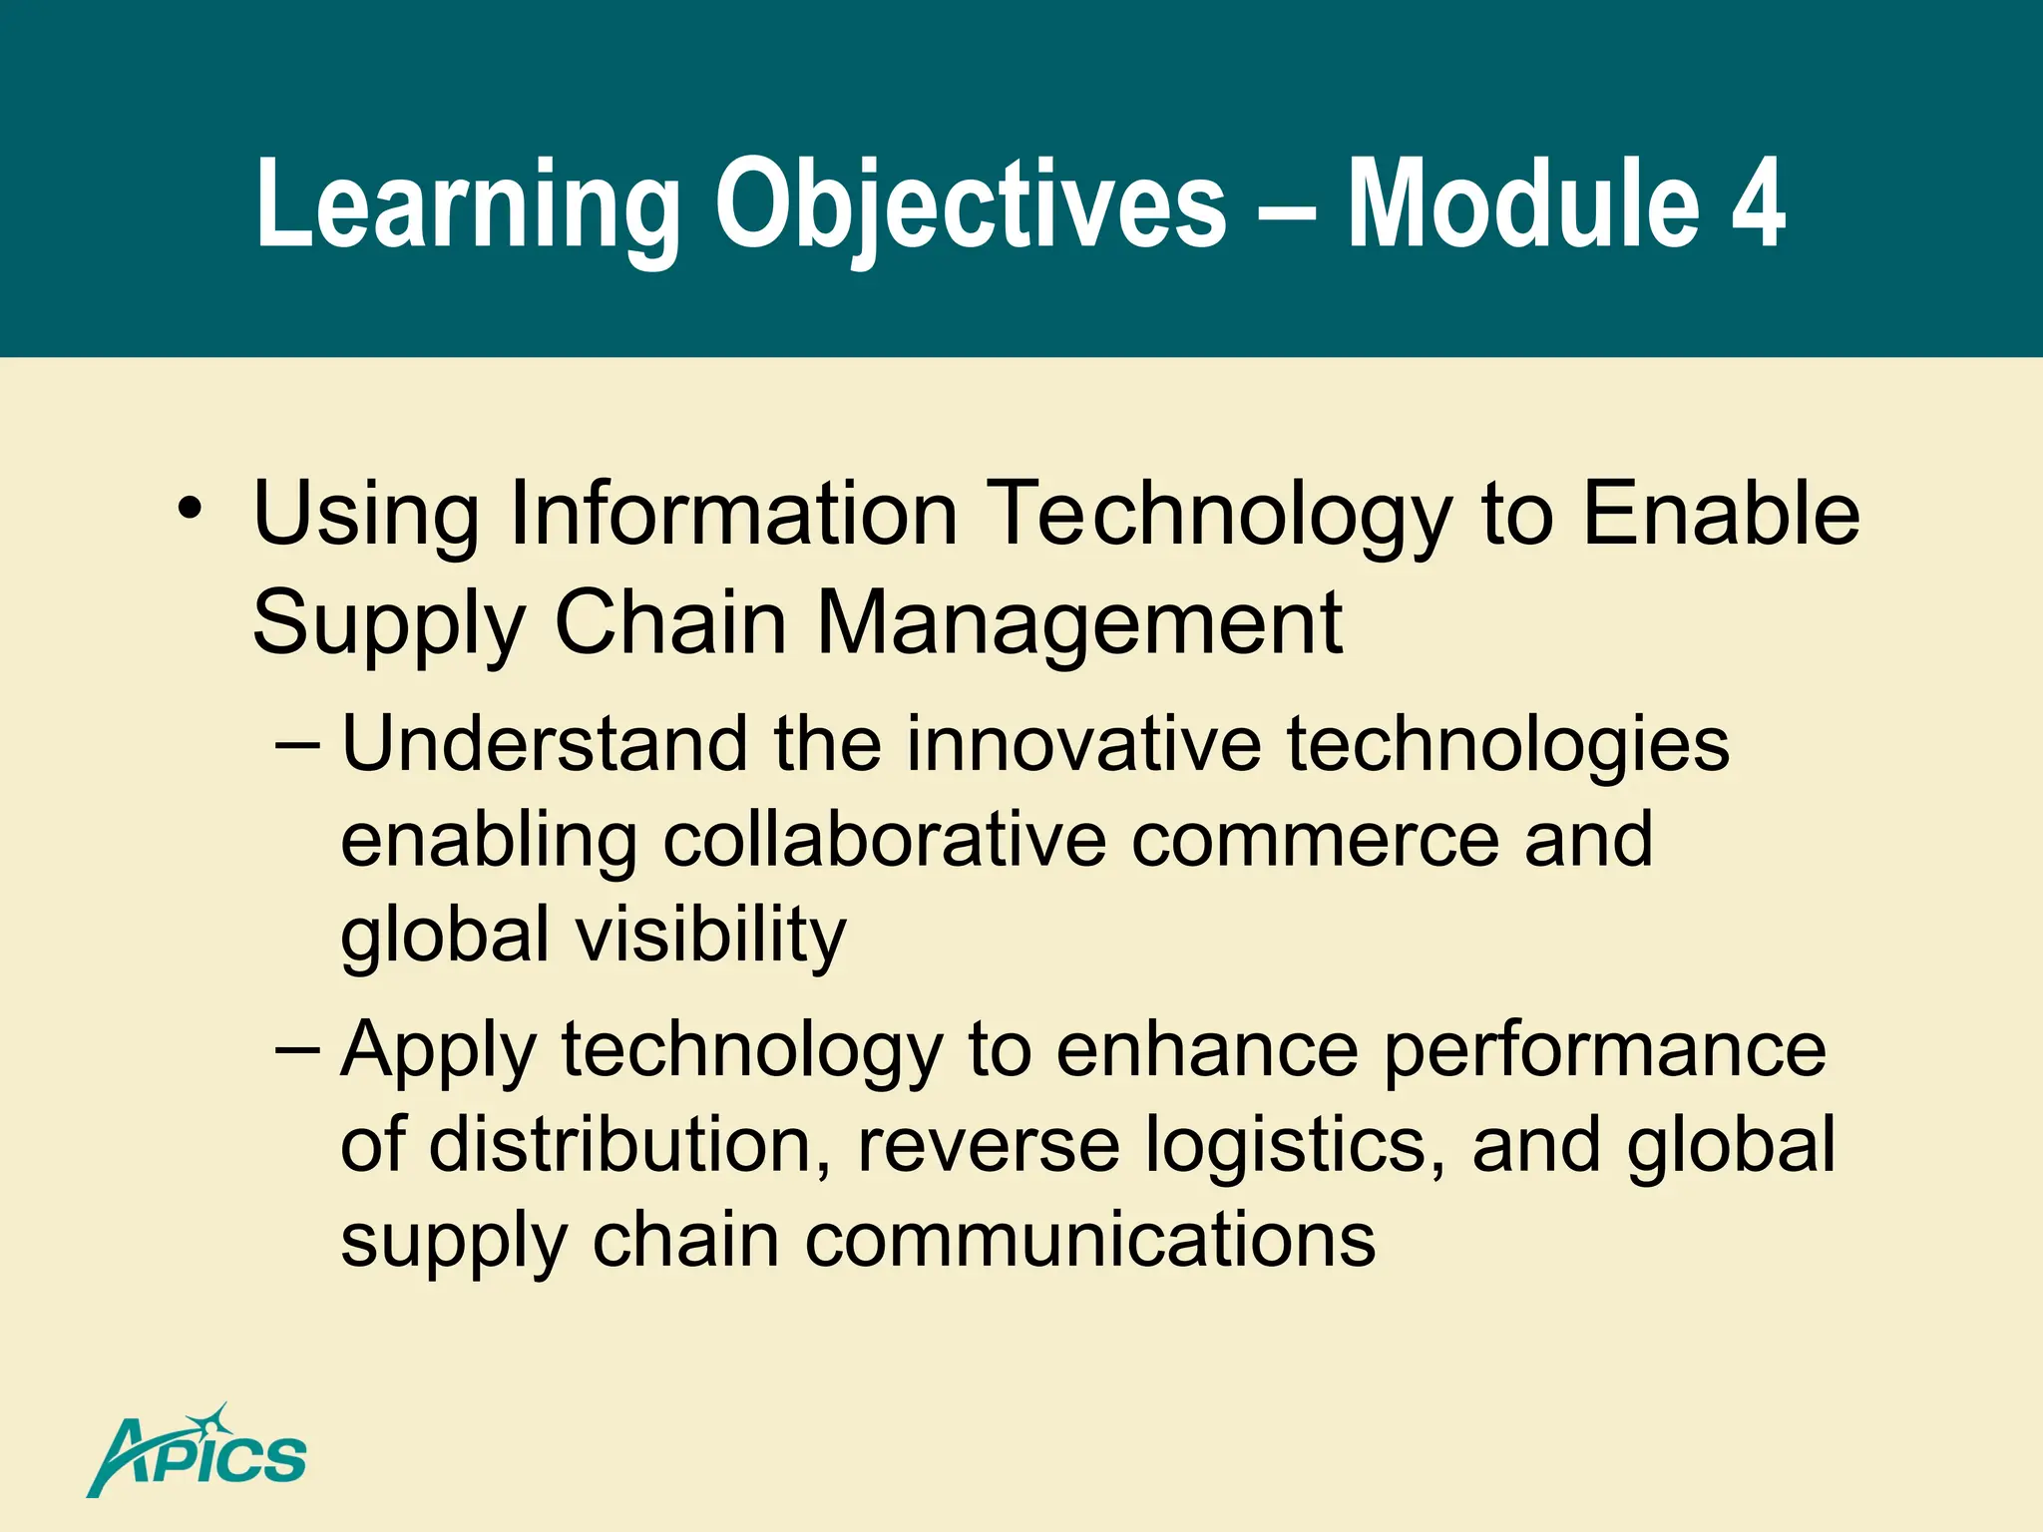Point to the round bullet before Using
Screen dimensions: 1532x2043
pyautogui.click(x=190, y=509)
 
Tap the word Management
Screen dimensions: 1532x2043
pyautogui.click(x=1079, y=623)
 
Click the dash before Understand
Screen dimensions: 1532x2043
pyautogui.click(x=297, y=745)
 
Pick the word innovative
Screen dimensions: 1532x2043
pyautogui.click(x=1083, y=745)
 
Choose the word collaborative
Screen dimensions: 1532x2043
pyautogui.click(x=884, y=840)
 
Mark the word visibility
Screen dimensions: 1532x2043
pyautogui.click(x=710, y=936)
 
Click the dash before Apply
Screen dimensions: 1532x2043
pyautogui.click(x=297, y=1049)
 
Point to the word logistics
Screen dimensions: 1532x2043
pyautogui.click(x=1294, y=1145)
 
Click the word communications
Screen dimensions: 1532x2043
pyautogui.click(x=1089, y=1241)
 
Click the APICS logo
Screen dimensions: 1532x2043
pyautogui.click(x=198, y=1453)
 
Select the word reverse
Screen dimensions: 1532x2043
pyautogui.click(x=988, y=1145)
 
